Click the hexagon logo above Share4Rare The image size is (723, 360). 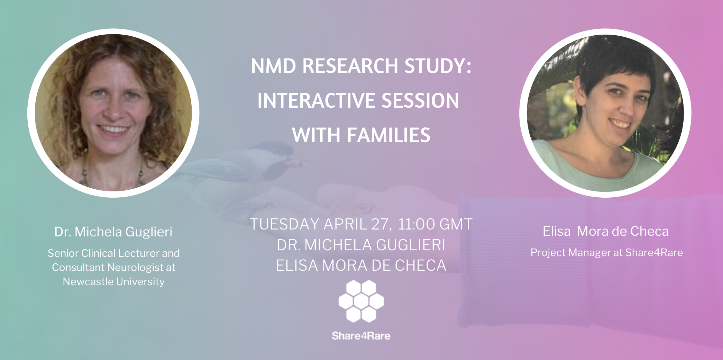tap(361, 301)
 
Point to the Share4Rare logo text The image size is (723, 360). tap(361, 336)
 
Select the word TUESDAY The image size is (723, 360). tap(285, 224)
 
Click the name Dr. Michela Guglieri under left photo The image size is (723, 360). tap(113, 232)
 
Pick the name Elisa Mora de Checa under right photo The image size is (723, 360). tap(606, 231)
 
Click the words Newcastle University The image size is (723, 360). tap(113, 281)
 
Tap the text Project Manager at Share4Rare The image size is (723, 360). tap(607, 253)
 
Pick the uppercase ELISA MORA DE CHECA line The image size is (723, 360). tap(361, 265)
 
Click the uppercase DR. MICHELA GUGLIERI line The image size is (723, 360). tap(361, 245)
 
